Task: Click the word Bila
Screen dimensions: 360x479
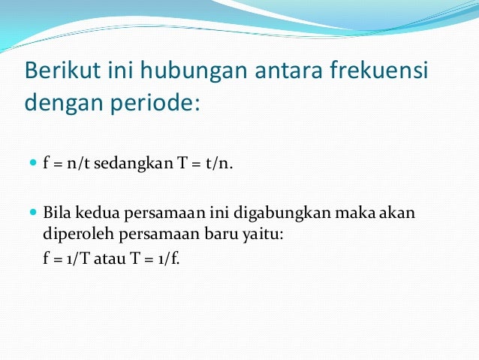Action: (57, 213)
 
